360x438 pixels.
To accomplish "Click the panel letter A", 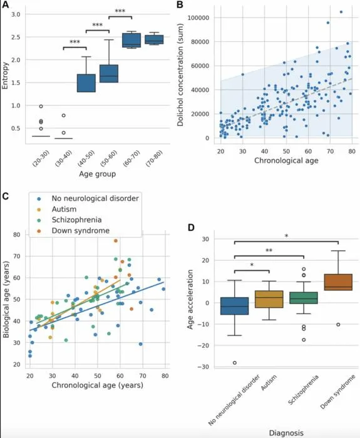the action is click(5, 4).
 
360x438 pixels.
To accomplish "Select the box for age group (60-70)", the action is click(131, 40).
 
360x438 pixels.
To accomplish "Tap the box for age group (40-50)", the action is click(86, 83).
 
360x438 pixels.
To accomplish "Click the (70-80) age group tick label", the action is click(155, 158).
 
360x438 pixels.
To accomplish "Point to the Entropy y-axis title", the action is click(5, 76).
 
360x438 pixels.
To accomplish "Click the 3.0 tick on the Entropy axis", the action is click(16, 14).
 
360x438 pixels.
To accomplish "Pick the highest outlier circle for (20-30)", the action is click(41, 106).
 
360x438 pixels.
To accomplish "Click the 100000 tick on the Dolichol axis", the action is click(198, 18).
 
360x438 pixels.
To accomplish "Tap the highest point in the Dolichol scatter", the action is click(341, 12).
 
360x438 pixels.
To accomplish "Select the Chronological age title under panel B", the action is click(286, 160).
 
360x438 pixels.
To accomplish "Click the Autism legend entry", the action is click(64, 209).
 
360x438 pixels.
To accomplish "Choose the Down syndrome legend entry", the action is click(81, 231).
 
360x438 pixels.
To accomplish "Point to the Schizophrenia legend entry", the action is click(76, 220).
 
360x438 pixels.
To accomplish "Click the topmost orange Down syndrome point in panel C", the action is click(116, 241).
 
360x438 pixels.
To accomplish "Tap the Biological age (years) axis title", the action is click(6, 299).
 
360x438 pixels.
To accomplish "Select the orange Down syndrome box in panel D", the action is click(338, 282).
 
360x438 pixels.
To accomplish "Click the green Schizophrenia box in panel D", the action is click(304, 298).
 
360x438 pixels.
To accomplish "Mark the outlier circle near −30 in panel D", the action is click(235, 362).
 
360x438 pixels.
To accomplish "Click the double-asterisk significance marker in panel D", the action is click(269, 250).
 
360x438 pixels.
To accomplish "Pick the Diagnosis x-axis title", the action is click(286, 433).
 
